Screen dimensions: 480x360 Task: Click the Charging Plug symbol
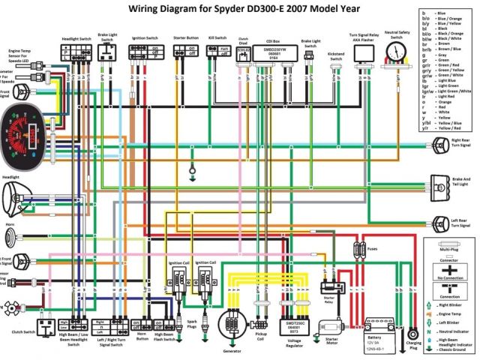point(412,333)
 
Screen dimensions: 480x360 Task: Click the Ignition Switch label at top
point(144,37)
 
